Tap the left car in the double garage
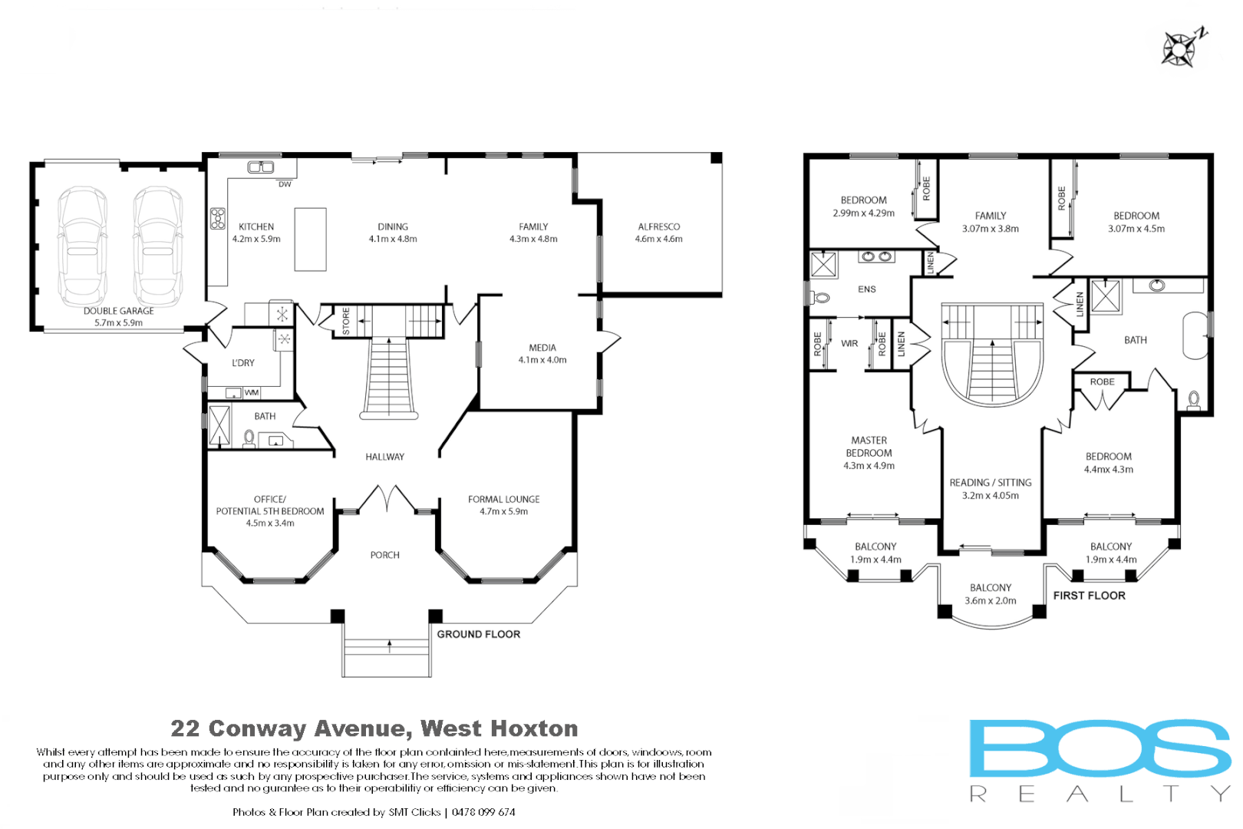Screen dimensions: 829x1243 pyautogui.click(x=83, y=246)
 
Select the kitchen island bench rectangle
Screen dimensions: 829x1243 pyautogui.click(x=310, y=239)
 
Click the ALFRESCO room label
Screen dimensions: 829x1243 pyautogui.click(x=658, y=226)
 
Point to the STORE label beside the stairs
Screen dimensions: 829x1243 pyautogui.click(x=346, y=321)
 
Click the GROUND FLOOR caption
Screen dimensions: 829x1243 pyautogui.click(x=478, y=634)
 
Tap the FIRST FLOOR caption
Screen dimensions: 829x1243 pyautogui.click(x=1089, y=596)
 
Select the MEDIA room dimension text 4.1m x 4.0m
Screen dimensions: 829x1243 pyautogui.click(x=542, y=360)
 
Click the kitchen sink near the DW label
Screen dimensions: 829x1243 pyautogui.click(x=261, y=167)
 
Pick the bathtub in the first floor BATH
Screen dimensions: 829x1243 pyautogui.click(x=1195, y=335)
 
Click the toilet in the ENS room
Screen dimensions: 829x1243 pyautogui.click(x=821, y=297)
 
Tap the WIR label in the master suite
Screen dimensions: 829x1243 pyautogui.click(x=849, y=343)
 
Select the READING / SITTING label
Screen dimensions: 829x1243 pyautogui.click(x=990, y=483)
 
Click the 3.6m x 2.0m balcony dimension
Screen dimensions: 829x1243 pyautogui.click(x=990, y=601)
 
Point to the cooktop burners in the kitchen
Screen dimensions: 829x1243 pyautogui.click(x=218, y=219)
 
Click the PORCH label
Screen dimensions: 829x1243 pyautogui.click(x=384, y=555)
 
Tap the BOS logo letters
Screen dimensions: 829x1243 pyautogui.click(x=1099, y=748)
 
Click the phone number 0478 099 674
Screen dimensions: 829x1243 pyautogui.click(x=483, y=812)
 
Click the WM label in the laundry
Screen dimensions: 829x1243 pyautogui.click(x=251, y=392)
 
